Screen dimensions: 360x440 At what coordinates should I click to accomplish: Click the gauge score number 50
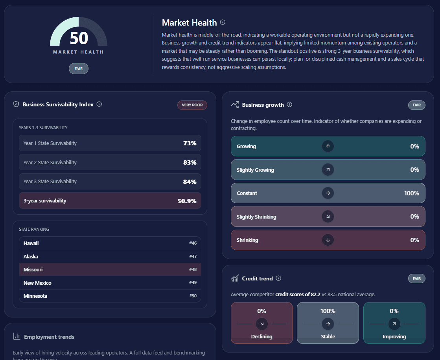(79, 38)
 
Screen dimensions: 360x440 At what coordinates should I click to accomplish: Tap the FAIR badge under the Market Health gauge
(79, 69)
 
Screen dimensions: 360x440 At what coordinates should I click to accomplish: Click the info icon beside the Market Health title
(223, 22)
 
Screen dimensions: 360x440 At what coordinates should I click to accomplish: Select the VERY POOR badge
(192, 105)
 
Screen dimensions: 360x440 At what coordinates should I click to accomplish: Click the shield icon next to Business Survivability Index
(16, 104)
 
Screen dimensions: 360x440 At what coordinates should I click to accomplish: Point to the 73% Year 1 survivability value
(190, 143)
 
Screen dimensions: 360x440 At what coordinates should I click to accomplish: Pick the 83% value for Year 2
(190, 162)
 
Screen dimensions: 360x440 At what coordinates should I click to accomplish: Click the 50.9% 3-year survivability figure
(187, 201)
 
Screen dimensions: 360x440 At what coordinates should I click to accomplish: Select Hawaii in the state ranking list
(31, 243)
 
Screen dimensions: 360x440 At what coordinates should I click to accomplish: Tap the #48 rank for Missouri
(193, 270)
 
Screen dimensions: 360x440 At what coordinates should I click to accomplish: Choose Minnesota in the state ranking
(35, 296)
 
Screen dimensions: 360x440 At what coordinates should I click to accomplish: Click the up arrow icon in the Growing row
(328, 147)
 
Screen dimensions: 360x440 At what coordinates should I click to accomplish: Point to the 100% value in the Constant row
(411, 193)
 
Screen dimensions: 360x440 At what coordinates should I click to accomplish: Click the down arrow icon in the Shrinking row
(328, 240)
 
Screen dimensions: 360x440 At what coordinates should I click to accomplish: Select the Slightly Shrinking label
(256, 217)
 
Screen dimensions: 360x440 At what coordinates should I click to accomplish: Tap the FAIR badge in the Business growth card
(416, 105)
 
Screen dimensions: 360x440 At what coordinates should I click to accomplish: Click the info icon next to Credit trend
(278, 278)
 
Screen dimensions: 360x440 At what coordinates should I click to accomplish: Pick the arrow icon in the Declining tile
(262, 324)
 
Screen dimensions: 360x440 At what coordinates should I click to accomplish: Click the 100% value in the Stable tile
(328, 311)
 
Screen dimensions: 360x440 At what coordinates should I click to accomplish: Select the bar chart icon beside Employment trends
(17, 336)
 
